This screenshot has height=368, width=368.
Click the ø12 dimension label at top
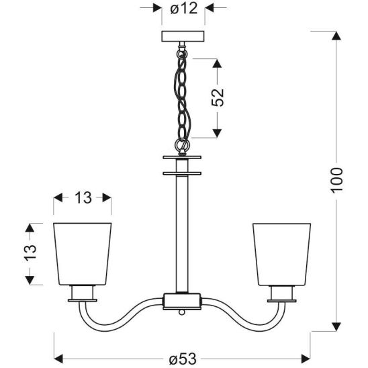coord(184,9)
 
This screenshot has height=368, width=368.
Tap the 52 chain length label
coord(218,97)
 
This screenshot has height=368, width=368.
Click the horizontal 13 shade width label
coord(83,198)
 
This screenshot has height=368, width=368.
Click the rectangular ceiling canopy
coord(183,36)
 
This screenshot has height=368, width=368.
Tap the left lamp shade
coord(83,254)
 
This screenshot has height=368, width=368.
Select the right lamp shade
coord(281,255)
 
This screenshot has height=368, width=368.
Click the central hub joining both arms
coord(182,301)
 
